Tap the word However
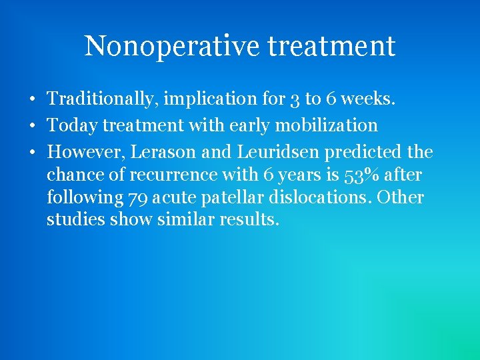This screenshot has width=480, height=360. point(85,153)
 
